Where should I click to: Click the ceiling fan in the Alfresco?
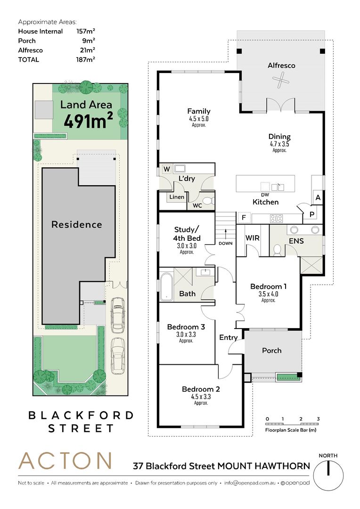(x=280, y=80)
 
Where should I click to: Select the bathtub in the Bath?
(x=166, y=286)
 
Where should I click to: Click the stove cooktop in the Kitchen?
(x=276, y=219)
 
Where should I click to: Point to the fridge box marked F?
(x=244, y=217)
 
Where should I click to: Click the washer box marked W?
(x=166, y=169)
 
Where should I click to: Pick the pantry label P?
(x=312, y=214)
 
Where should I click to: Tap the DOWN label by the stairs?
(x=226, y=243)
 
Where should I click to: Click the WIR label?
(x=252, y=238)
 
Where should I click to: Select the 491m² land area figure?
(x=88, y=121)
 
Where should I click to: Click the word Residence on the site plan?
(x=77, y=224)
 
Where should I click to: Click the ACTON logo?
(x=65, y=460)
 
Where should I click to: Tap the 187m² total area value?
(x=85, y=59)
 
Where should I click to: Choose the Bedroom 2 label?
(x=201, y=389)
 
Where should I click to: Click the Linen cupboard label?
(x=177, y=197)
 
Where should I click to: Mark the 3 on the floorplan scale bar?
(x=318, y=419)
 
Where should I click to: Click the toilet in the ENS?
(x=277, y=250)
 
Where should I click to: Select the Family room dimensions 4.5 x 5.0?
(x=199, y=119)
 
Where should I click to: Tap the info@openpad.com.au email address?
(x=250, y=483)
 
